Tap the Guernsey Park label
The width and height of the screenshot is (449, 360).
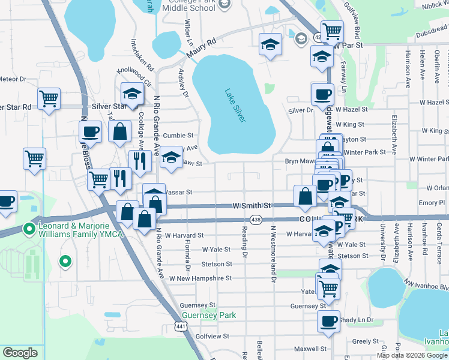[208, 315]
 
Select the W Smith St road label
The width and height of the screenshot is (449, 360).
[252, 206]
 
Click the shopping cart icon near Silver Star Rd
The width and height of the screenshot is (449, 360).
[49, 98]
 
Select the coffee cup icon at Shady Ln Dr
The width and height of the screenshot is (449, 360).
[328, 320]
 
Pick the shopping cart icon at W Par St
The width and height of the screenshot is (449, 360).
[332, 30]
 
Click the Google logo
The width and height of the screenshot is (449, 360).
[20, 353]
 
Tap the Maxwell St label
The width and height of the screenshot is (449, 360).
[310, 349]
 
